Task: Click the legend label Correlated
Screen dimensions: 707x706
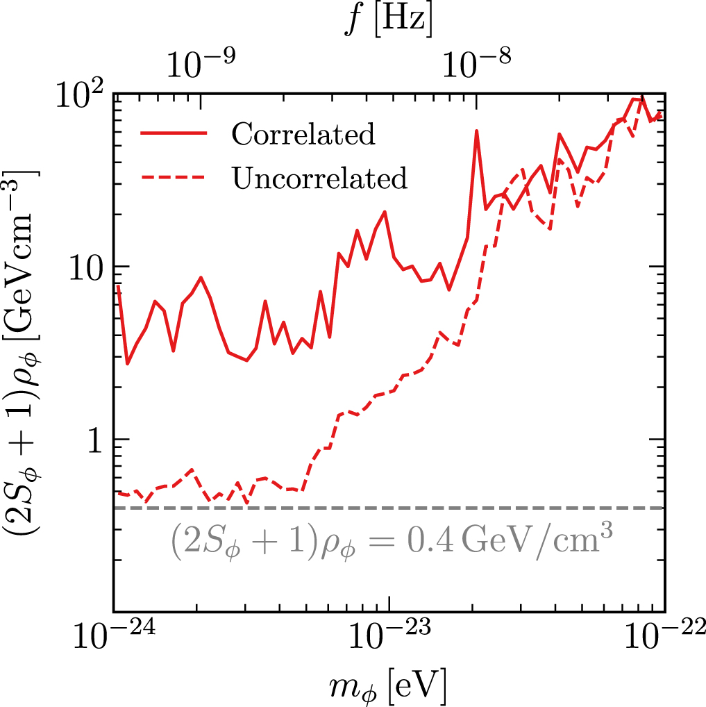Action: (303, 134)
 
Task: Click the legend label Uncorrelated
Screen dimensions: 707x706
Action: (319, 178)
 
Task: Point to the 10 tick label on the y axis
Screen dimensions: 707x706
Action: (85, 267)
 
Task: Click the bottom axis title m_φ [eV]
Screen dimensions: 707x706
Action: (388, 684)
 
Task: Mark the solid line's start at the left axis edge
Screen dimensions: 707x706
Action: (118, 286)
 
